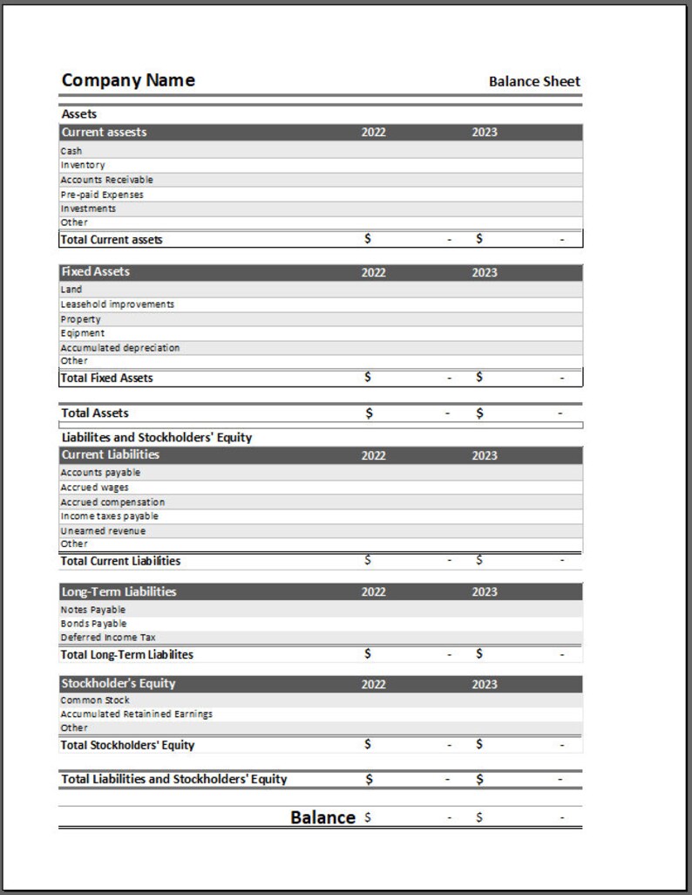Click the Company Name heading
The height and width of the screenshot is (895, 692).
[x=128, y=80]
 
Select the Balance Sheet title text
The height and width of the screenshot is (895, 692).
[x=534, y=81]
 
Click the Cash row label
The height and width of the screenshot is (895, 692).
[x=71, y=151]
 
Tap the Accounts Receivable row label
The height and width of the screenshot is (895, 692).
[x=106, y=180]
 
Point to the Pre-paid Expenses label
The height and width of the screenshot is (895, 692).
[x=102, y=195]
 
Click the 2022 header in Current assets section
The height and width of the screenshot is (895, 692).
[x=373, y=133]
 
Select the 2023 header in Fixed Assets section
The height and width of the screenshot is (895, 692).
[x=485, y=272]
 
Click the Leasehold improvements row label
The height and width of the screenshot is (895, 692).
[x=117, y=304]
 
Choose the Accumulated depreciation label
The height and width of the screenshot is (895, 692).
[x=120, y=347]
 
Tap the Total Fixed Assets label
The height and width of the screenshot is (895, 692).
[x=106, y=378]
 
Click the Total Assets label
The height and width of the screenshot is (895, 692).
[x=95, y=413]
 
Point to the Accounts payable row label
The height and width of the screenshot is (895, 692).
[x=100, y=472]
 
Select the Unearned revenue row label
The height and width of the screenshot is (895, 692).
[x=103, y=530]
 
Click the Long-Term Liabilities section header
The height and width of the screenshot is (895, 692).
[x=119, y=591]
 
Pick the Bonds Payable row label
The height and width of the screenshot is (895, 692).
[x=93, y=624]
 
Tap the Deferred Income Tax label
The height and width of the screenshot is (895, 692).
[x=108, y=638]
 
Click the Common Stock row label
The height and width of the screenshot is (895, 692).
[x=95, y=700]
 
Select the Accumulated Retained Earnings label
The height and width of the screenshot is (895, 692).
[x=136, y=714]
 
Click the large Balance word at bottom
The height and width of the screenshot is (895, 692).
[x=322, y=817]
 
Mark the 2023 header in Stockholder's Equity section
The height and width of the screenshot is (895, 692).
[x=485, y=684]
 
